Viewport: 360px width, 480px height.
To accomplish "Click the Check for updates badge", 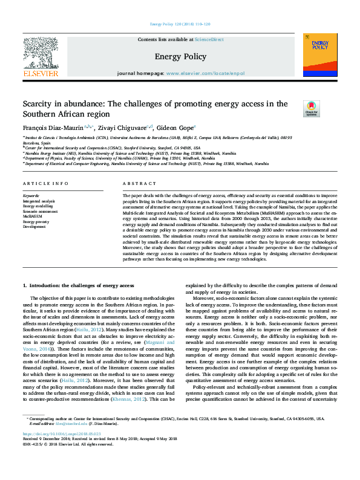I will point(312,108).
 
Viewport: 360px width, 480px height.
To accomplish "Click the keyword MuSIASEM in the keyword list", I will point(32,215).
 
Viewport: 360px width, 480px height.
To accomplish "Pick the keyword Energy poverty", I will point(36,221).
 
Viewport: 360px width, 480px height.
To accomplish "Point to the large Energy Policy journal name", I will point(180,57).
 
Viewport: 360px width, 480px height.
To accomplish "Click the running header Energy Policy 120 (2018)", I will point(179,24).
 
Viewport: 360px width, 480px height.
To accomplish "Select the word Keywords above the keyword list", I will point(31,195).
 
